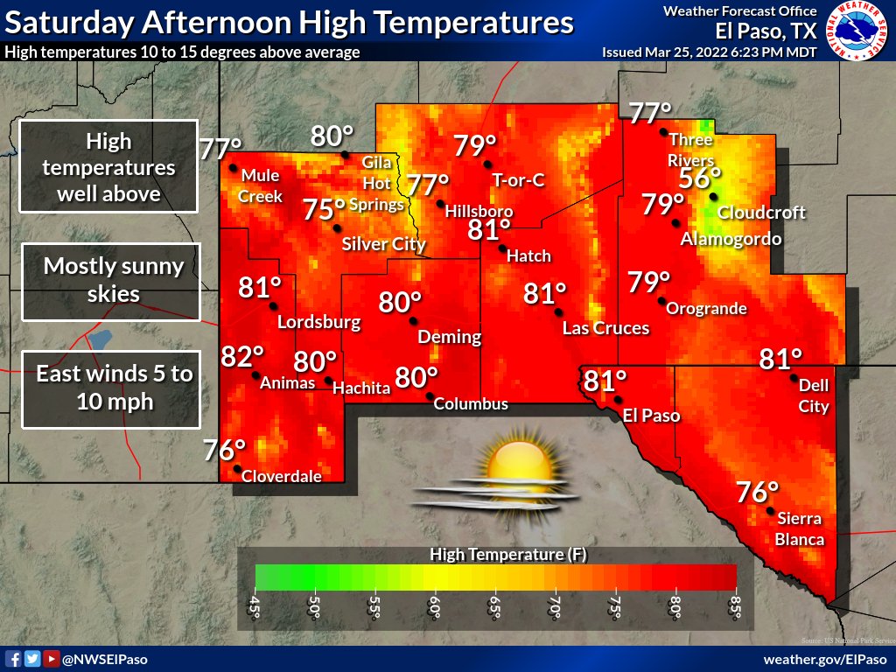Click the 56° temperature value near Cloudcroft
coord(700,178)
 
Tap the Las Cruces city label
coord(605,328)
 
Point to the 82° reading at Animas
coord(242,357)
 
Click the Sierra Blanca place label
coord(800,528)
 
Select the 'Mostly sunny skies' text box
coord(112,280)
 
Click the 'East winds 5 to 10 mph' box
coord(112,388)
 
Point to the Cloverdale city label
coord(281,477)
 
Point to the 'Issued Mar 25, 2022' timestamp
coord(709,52)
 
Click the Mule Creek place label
coord(262,185)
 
